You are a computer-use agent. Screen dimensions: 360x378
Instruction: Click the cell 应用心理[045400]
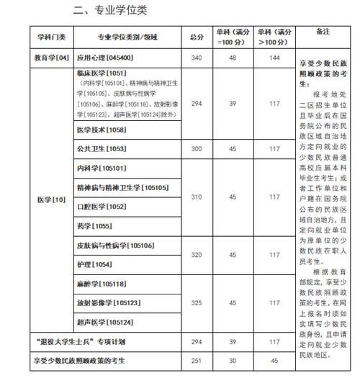(105, 57)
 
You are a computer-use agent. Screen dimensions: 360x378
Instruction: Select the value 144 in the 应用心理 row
(274, 57)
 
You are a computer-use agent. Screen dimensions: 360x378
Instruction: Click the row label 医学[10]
(51, 199)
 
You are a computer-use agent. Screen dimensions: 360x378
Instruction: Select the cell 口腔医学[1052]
(101, 207)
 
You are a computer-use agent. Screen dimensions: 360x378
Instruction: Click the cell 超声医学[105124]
(105, 321)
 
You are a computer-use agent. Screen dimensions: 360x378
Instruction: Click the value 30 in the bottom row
(233, 360)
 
